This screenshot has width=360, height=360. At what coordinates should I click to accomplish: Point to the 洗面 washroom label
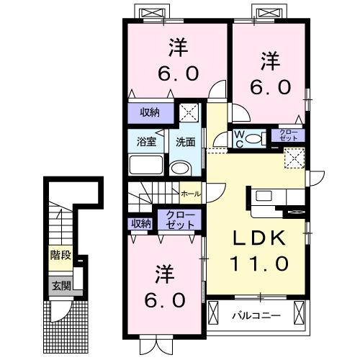click(x=186, y=142)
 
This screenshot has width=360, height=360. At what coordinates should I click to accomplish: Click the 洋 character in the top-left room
click(x=178, y=48)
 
